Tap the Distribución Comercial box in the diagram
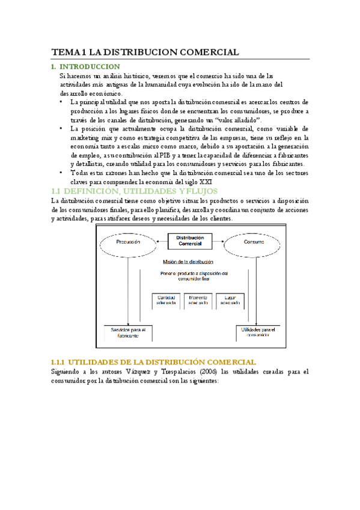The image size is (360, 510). tap(190, 241)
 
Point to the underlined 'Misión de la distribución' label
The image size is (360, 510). tap(188, 262)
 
